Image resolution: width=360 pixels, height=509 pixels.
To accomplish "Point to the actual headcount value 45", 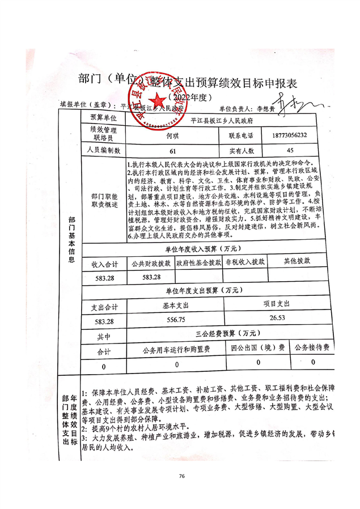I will pyautogui.click(x=290, y=151).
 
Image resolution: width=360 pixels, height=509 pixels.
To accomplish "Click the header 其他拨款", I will pyautogui.click(x=297, y=261).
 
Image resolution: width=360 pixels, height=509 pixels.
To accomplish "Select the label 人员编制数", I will pyautogui.click(x=105, y=151).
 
